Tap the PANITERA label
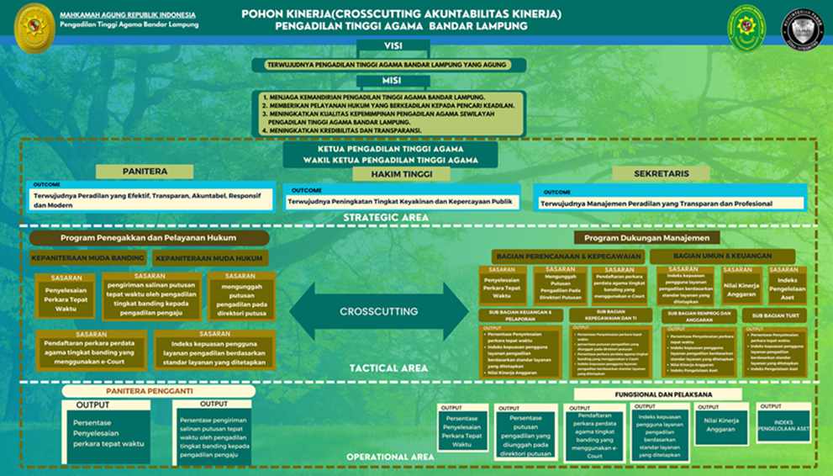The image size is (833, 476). pyautogui.click(x=144, y=172)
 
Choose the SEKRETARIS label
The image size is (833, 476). pyautogui.click(x=662, y=173)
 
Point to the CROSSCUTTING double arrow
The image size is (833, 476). pyautogui.click(x=378, y=310)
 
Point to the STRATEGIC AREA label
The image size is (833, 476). pyautogui.click(x=386, y=218)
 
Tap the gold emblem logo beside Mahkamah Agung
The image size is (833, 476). pyautogui.click(x=34, y=27)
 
